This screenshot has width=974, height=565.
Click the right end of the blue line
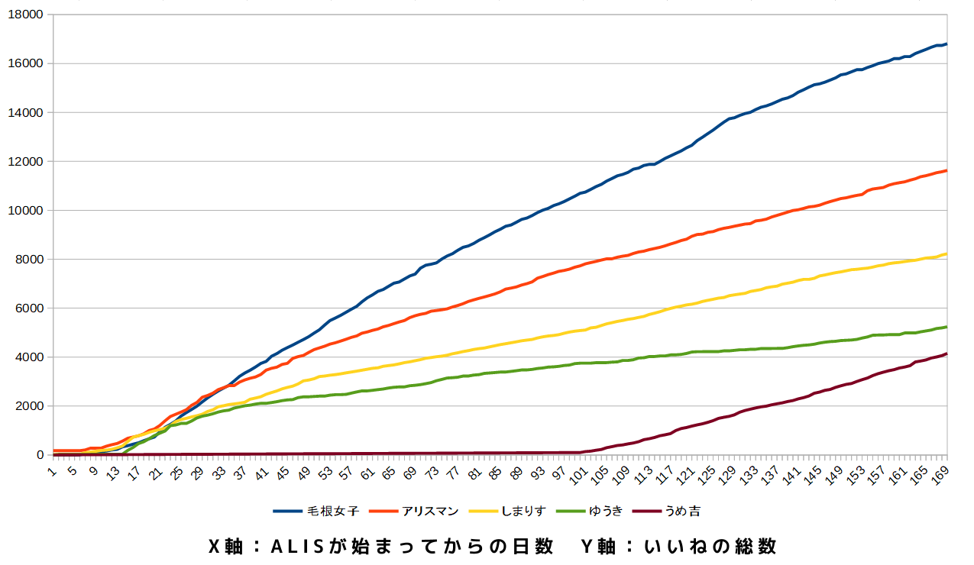pyautogui.click(x=946, y=44)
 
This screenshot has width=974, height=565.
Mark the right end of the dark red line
pyautogui.click(x=946, y=354)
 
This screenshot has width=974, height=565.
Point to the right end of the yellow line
pyautogui.click(x=946, y=254)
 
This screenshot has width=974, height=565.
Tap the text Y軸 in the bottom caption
pyautogui.click(x=598, y=547)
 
